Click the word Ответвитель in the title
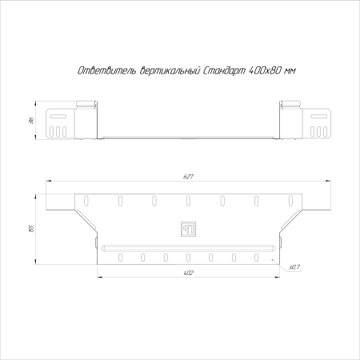(106, 70)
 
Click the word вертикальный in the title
(170, 70)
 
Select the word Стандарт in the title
(224, 71)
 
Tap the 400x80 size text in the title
(265, 70)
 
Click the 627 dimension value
(188, 177)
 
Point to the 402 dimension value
(188, 273)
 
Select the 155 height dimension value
(31, 229)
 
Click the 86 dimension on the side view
(31, 120)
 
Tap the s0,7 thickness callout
(294, 267)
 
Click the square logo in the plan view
(189, 229)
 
